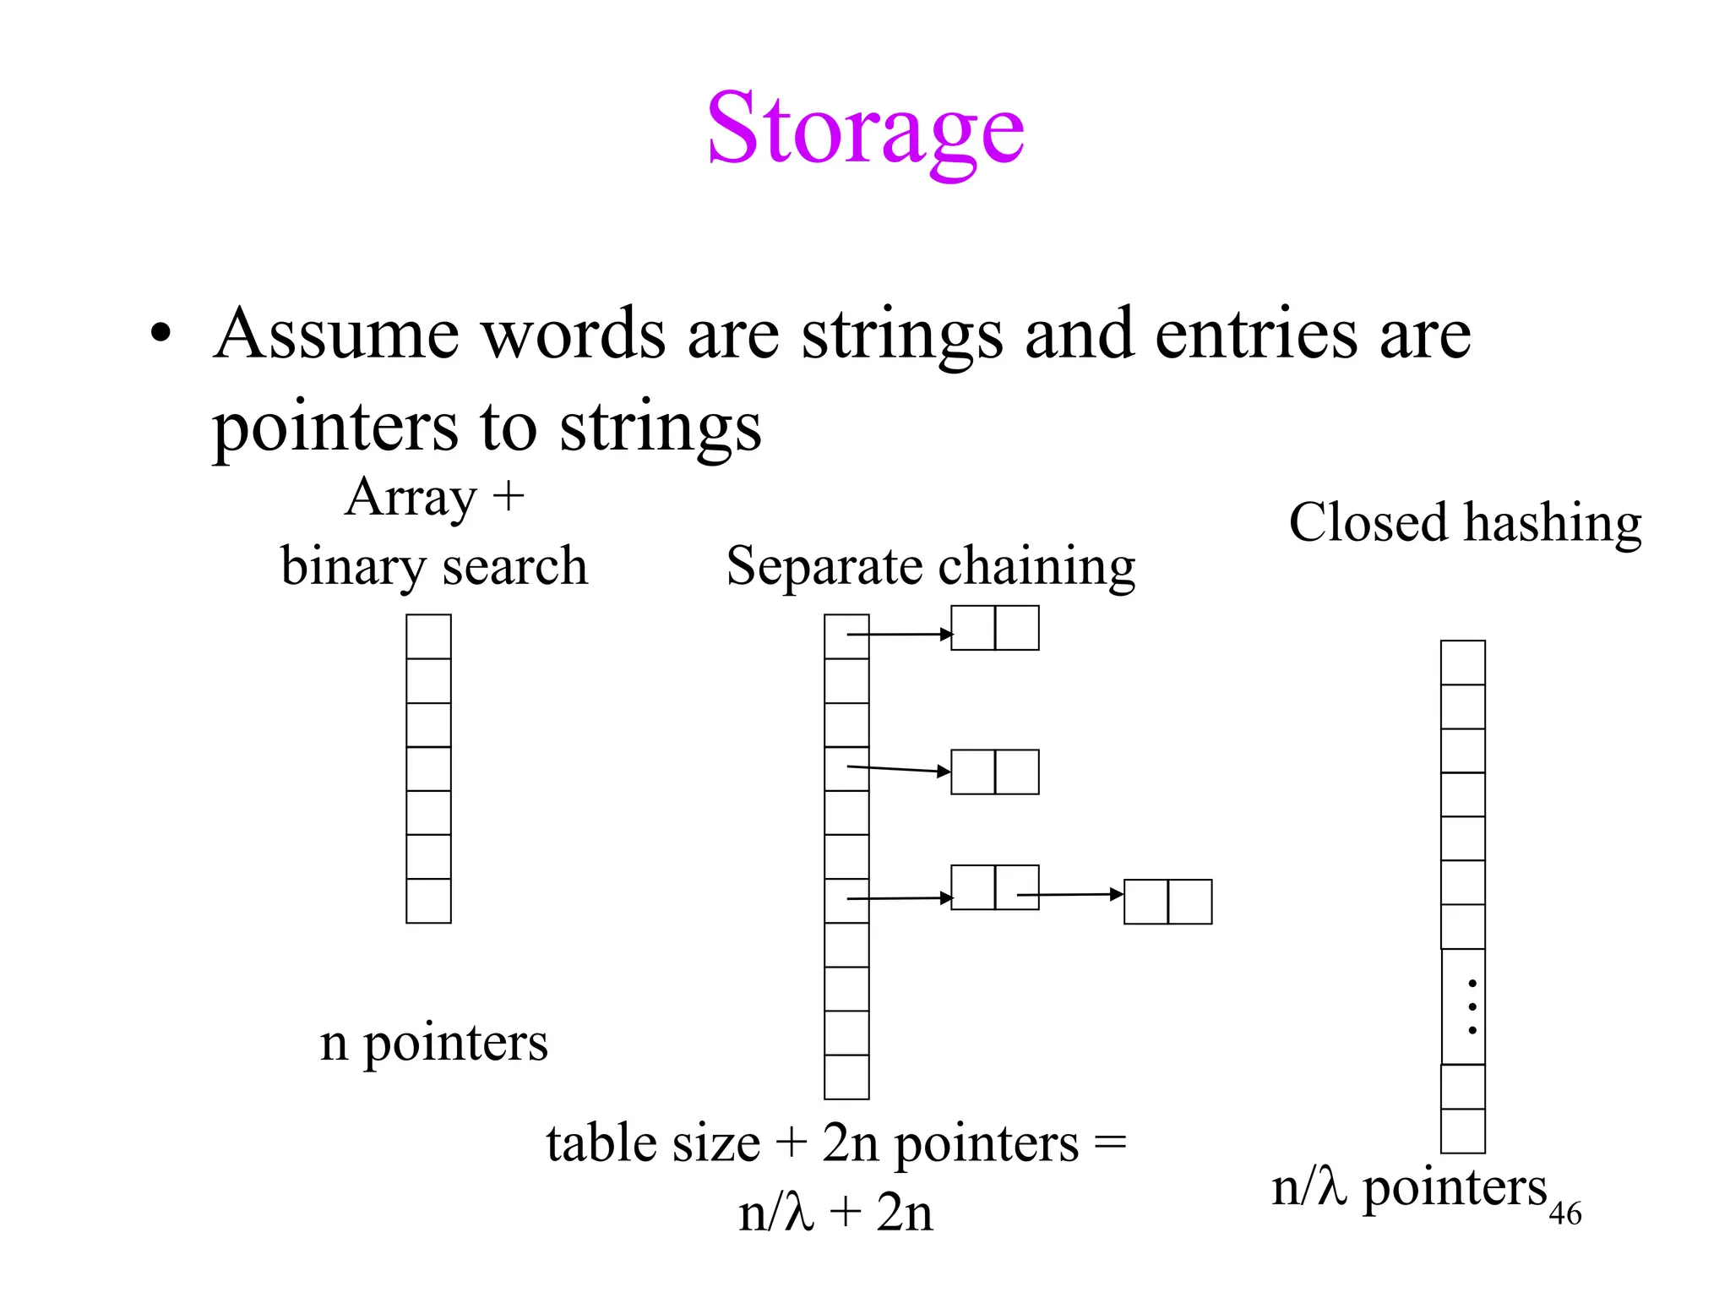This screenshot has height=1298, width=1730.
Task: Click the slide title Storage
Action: (x=865, y=131)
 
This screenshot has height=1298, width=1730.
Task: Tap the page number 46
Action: (x=1564, y=1214)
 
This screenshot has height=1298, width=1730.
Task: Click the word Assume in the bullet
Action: (x=336, y=335)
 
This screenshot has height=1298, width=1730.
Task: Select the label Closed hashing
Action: (x=1465, y=523)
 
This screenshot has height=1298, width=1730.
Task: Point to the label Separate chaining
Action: (x=930, y=566)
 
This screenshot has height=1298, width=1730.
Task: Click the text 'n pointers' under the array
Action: (x=433, y=1043)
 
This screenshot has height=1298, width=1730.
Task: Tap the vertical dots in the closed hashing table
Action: (x=1472, y=1007)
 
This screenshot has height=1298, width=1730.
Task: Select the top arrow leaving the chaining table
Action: (x=900, y=634)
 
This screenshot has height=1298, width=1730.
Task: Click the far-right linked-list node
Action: (x=1167, y=902)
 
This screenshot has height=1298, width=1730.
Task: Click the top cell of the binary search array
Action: (x=428, y=636)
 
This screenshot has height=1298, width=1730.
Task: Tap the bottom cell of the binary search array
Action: (x=428, y=901)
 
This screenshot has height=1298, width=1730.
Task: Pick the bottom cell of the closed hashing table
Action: (x=1462, y=1132)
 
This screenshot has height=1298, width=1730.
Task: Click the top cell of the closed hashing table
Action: (x=1462, y=663)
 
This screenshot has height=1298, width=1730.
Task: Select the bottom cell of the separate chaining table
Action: (x=846, y=1077)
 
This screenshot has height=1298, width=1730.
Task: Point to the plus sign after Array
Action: (x=509, y=497)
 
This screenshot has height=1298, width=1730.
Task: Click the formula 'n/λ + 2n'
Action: (x=835, y=1213)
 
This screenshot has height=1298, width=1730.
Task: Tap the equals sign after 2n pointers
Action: (x=1110, y=1144)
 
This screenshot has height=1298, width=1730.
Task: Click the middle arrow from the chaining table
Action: (x=900, y=769)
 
